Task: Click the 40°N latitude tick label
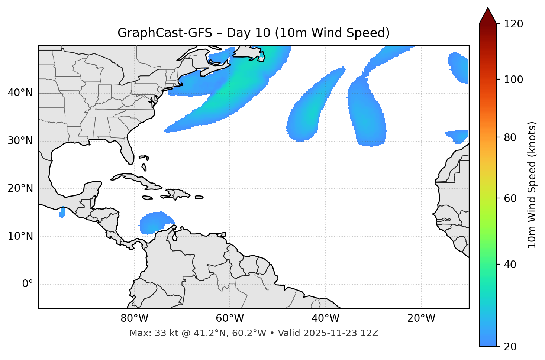pyautogui.click(x=20, y=93)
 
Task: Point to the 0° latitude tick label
pyautogui.click(x=28, y=284)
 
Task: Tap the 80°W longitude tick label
pyautogui.click(x=134, y=318)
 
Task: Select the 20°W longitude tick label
pyautogui.click(x=421, y=318)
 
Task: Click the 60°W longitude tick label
pyautogui.click(x=230, y=318)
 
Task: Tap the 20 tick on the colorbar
pyautogui.click(x=510, y=347)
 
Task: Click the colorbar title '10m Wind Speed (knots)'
pyautogui.click(x=532, y=185)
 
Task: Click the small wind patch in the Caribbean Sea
pyautogui.click(x=154, y=222)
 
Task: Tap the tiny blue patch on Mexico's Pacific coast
pyautogui.click(x=62, y=213)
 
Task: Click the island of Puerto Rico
pyautogui.click(x=199, y=197)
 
